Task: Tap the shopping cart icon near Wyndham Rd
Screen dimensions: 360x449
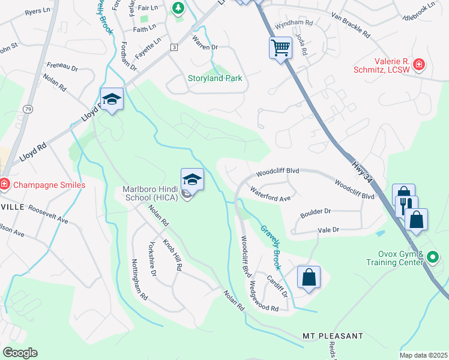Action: [x=280, y=48]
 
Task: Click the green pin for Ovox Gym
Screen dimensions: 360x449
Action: [x=433, y=258]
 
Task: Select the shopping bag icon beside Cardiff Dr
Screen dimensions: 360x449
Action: [x=309, y=278]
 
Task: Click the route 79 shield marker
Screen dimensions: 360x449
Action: [x=28, y=109]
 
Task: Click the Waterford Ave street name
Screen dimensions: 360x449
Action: [x=271, y=194]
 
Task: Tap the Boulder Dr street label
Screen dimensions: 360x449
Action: [x=315, y=212]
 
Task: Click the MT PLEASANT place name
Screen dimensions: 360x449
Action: [x=333, y=335]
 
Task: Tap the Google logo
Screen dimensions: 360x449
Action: [x=20, y=352]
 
